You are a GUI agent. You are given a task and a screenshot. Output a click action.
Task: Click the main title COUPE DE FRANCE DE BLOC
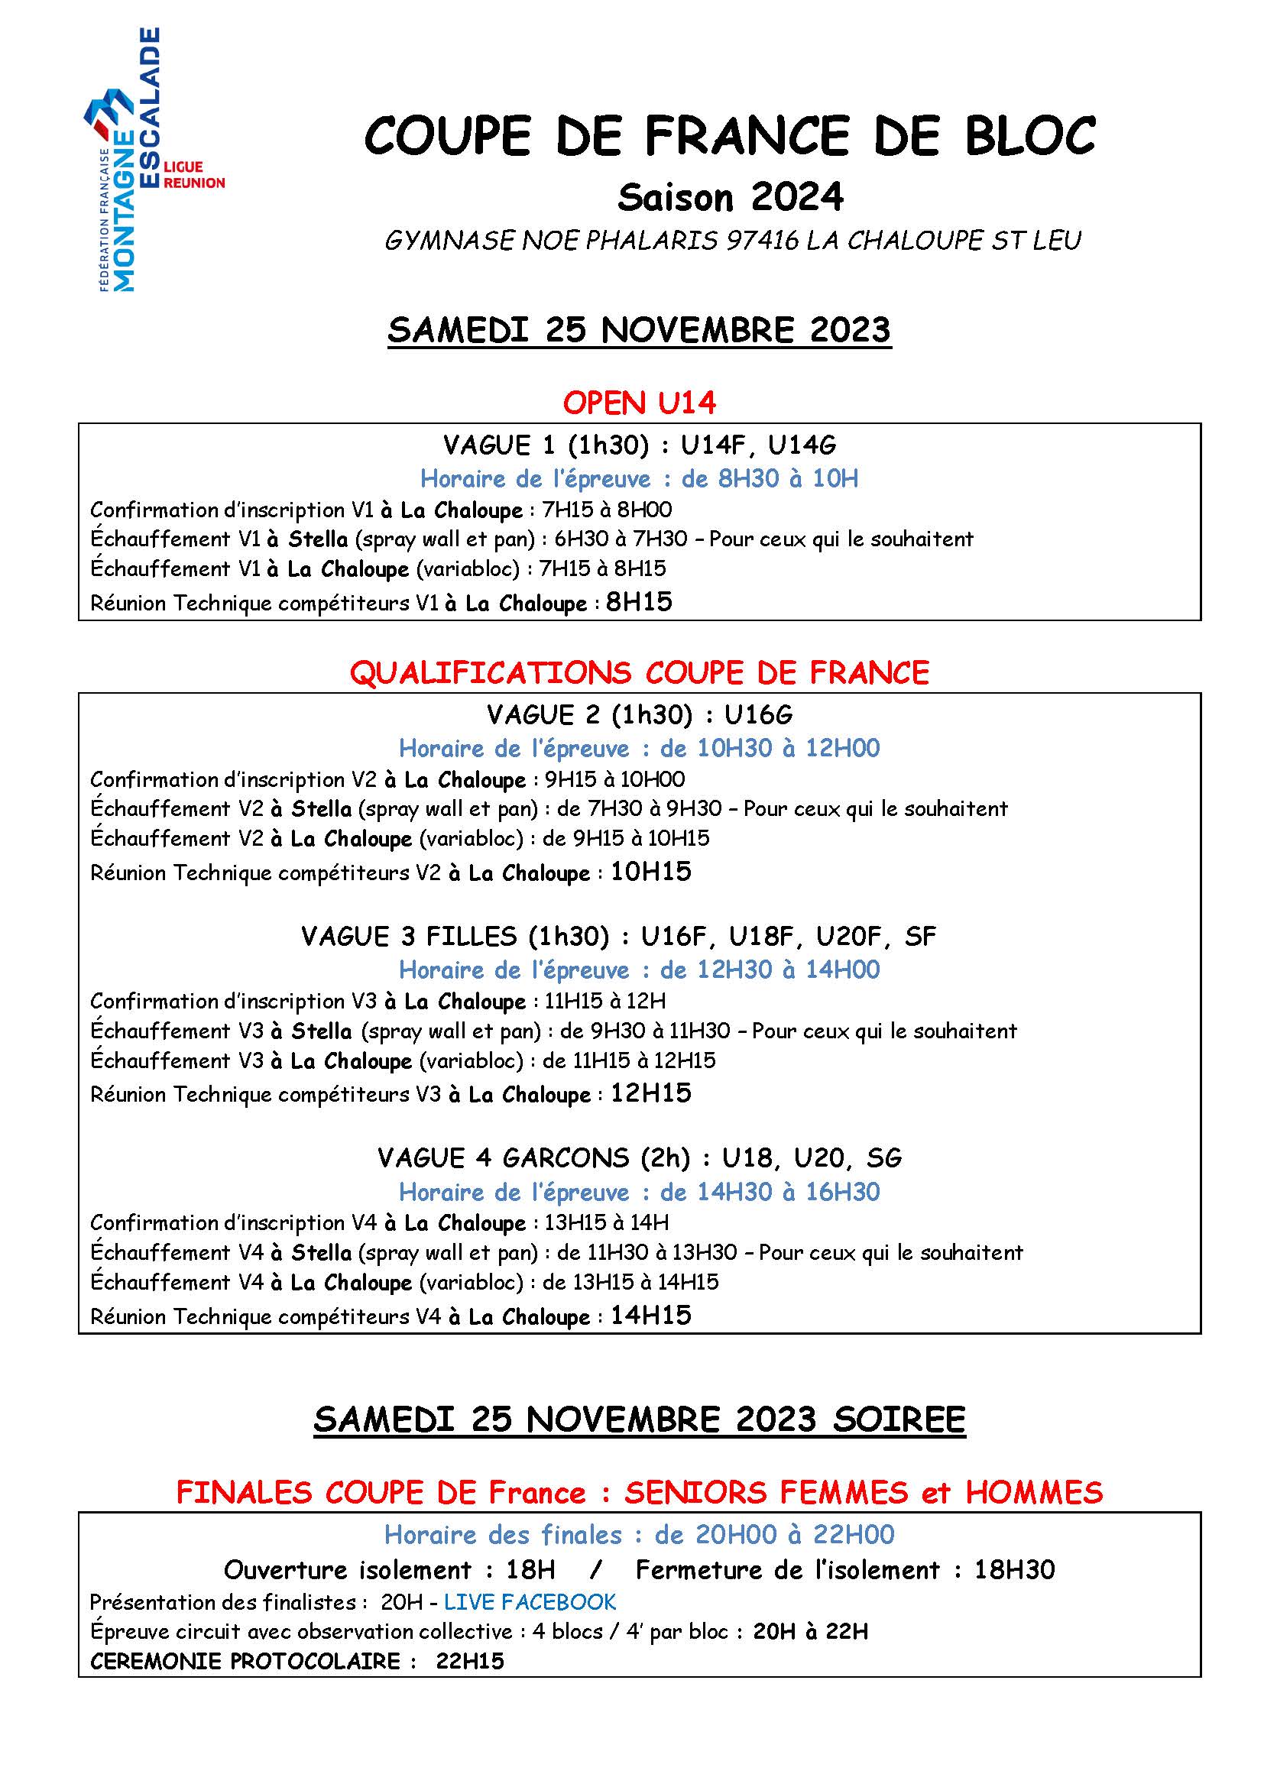click(x=729, y=136)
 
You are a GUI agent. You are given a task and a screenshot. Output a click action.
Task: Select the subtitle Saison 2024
click(x=729, y=198)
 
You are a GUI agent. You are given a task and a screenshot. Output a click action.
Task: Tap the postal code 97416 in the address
click(x=762, y=241)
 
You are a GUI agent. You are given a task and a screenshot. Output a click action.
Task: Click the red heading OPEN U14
click(x=639, y=403)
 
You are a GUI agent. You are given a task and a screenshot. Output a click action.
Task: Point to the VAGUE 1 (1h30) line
click(x=639, y=445)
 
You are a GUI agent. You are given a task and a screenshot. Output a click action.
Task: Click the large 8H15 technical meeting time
click(x=638, y=601)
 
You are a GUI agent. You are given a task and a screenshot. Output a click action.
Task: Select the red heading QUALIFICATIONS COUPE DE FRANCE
click(x=639, y=672)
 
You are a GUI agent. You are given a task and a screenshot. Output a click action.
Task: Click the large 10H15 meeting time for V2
click(x=650, y=872)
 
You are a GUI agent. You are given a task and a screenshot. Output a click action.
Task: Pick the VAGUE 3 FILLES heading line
click(x=618, y=936)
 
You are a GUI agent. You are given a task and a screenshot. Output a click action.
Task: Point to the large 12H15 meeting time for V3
click(x=650, y=1093)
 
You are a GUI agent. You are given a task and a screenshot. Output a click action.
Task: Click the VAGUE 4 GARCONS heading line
click(x=639, y=1158)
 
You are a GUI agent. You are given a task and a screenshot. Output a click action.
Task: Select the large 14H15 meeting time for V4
click(x=650, y=1316)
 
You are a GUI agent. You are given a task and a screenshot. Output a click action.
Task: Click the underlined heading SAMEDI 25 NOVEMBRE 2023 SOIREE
click(x=639, y=1420)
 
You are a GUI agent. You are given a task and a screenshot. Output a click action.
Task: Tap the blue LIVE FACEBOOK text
click(x=530, y=1602)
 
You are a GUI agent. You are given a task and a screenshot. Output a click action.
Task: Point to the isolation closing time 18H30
click(x=1014, y=1569)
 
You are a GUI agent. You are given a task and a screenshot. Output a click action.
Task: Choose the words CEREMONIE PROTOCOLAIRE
click(x=245, y=1662)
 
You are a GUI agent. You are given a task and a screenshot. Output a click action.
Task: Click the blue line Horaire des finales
click(x=639, y=1534)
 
